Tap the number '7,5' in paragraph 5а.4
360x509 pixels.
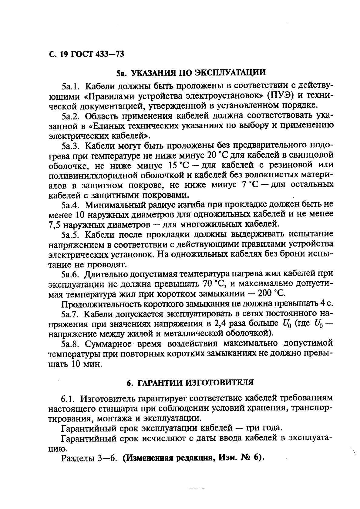coord(55,225)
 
